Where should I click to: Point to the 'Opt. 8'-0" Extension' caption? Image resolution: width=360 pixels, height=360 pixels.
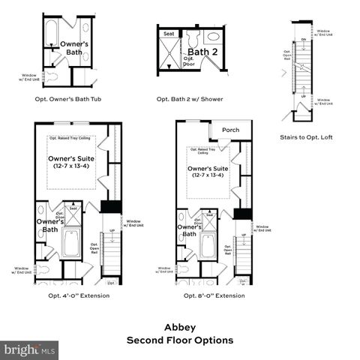pos(214,295)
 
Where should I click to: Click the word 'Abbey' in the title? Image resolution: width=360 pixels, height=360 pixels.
pos(179,327)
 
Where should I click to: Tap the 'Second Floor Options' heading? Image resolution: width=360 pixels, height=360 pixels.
pos(179,340)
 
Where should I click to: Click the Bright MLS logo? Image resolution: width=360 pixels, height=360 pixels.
pos(29,349)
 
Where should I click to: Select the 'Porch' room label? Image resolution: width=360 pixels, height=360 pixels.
pos(231,130)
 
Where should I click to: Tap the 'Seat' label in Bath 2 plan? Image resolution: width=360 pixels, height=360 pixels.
pos(169,32)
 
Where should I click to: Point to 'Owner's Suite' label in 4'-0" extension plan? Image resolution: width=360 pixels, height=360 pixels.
pos(72,163)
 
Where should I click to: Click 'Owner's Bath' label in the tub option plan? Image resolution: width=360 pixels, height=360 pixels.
pos(74,48)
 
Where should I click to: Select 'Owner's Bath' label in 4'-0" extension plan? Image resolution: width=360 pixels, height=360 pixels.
pos(46,225)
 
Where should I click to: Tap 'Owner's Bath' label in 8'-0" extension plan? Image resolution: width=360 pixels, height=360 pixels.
pos(189,230)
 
